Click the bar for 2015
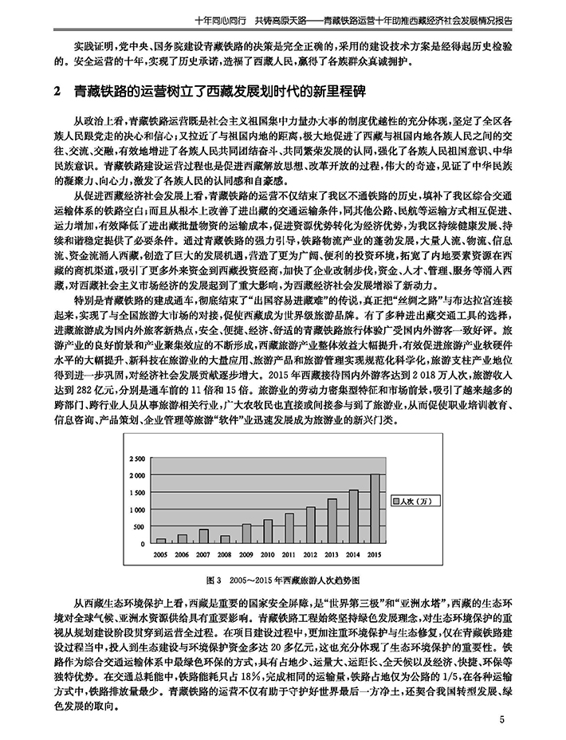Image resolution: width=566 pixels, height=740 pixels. point(375,508)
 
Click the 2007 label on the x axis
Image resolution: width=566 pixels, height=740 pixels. point(203,553)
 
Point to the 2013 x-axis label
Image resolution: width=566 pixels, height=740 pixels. point(332,553)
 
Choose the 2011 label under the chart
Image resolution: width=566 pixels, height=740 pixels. point(289,553)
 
